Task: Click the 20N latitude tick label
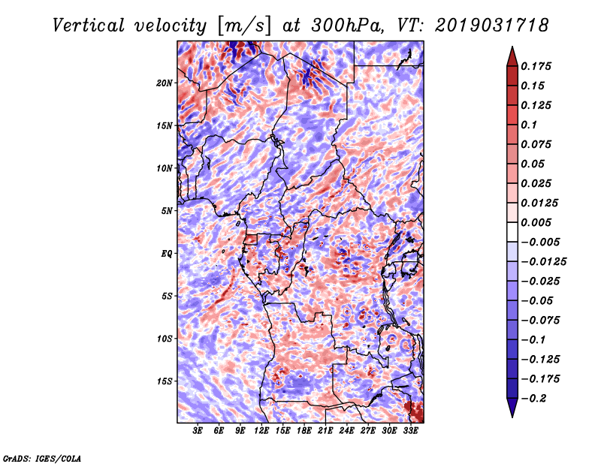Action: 165,83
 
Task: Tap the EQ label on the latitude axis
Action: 167,254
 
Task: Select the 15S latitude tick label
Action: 165,381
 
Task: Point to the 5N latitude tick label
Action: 167,211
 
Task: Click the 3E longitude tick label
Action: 198,431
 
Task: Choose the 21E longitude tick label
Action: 325,431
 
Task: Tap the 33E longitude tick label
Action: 410,431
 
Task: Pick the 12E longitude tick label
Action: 261,431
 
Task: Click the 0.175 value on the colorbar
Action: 536,66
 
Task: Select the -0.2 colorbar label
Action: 533,399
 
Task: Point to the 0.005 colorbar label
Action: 536,222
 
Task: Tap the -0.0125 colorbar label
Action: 543,262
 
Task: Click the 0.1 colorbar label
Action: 529,125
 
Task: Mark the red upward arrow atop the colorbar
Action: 512,56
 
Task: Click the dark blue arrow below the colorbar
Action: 512,408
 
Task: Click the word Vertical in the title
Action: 89,26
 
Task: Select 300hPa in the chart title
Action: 347,26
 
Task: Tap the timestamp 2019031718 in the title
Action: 492,26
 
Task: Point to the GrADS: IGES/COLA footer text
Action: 42,459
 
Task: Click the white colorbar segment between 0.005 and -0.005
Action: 512,232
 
